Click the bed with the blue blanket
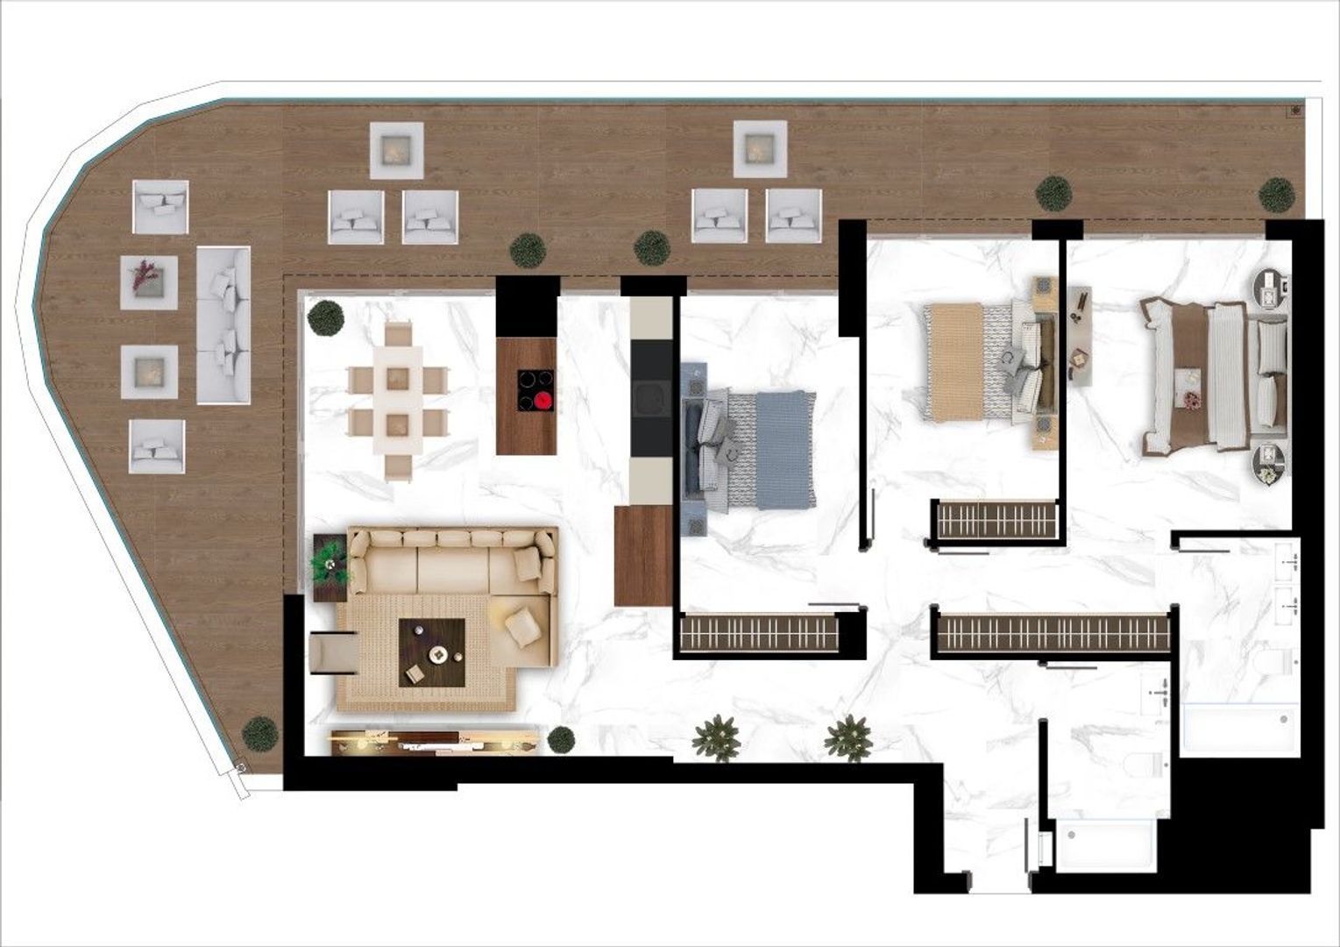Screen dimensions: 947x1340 coord(752,450)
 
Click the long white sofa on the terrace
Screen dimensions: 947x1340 coord(223,325)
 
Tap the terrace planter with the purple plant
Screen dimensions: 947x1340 coord(149,282)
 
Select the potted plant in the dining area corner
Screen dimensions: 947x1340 coord(326,317)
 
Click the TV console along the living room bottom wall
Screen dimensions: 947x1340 coord(434,743)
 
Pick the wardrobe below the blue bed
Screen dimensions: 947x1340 coord(759,631)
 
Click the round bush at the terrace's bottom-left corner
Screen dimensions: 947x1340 coord(260,734)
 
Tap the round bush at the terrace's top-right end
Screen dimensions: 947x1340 coord(1276,195)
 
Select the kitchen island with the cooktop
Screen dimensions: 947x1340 coord(527,395)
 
